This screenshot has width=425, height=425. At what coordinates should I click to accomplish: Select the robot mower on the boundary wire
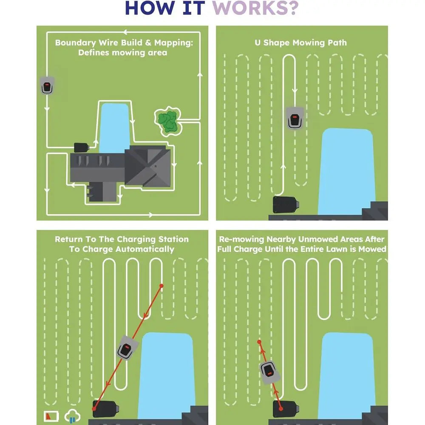coord(46,86)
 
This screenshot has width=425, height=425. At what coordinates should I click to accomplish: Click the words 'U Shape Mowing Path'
coord(300,42)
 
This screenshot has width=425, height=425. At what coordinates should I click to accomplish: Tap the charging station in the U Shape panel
coord(287,205)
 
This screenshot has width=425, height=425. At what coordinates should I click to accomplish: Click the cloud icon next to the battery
coord(72,416)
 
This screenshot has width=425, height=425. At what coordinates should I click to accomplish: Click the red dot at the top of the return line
coord(161,285)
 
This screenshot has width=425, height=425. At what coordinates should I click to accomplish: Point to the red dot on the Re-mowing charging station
coord(280,409)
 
